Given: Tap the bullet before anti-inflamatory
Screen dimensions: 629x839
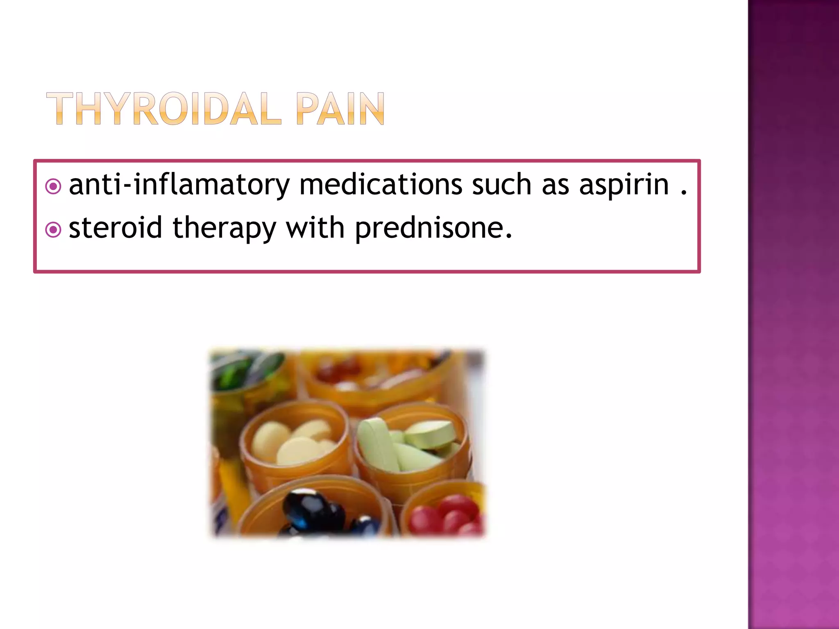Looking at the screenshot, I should click(x=53, y=187).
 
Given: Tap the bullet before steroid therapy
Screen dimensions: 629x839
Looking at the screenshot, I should click(x=53, y=230).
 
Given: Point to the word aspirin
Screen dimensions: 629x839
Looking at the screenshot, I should click(x=624, y=185).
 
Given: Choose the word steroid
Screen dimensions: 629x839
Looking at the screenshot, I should click(x=115, y=228).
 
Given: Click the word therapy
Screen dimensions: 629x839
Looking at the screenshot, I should click(x=224, y=229).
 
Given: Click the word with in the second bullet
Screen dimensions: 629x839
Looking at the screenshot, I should click(x=315, y=228).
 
